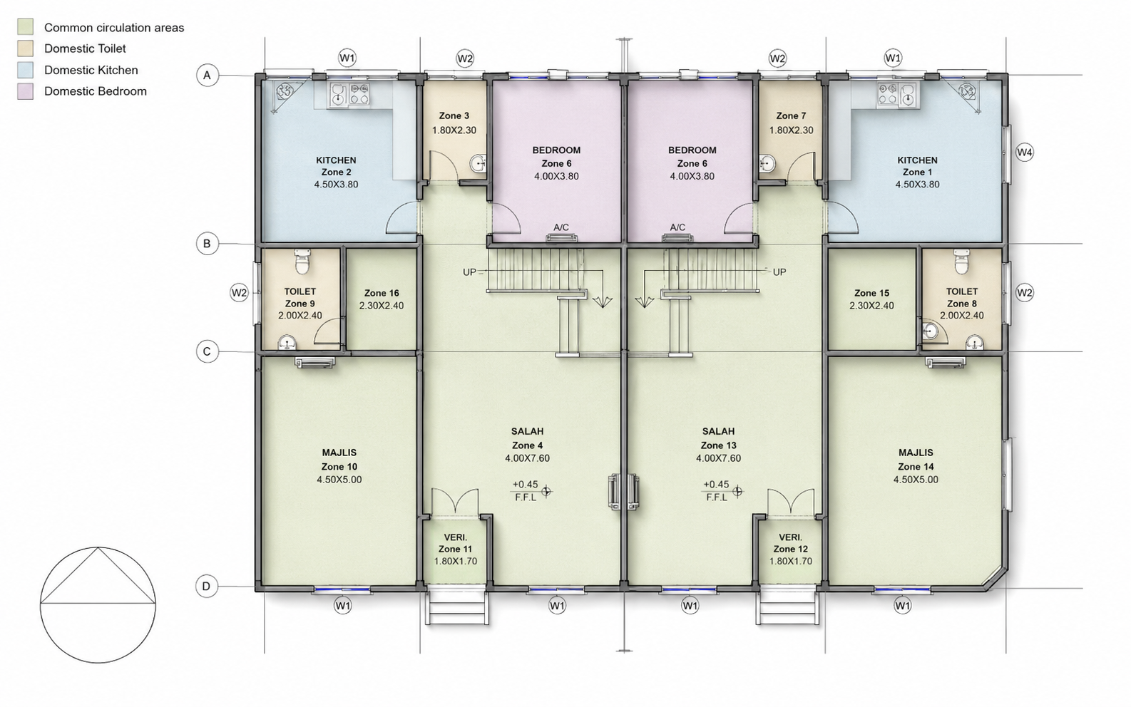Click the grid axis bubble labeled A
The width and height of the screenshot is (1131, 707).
tap(207, 76)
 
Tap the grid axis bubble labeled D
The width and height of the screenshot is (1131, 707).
tap(207, 587)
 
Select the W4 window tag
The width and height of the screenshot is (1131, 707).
tap(1025, 152)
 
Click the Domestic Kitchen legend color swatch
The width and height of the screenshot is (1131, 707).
tap(25, 70)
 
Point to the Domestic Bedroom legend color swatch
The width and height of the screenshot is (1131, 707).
tap(25, 91)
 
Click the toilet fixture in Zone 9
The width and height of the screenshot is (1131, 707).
tap(302, 261)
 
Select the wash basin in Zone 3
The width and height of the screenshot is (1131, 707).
tap(478, 163)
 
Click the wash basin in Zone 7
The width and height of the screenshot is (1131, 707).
tap(767, 163)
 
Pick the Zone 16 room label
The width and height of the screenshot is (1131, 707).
tap(382, 293)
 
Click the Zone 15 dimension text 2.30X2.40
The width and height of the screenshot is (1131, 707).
tap(871, 306)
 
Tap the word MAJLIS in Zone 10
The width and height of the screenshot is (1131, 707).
tap(339, 453)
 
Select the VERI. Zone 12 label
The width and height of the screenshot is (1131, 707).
tap(791, 544)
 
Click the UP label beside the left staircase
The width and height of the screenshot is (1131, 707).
tap(469, 272)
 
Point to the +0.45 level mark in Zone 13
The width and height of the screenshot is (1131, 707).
tap(717, 485)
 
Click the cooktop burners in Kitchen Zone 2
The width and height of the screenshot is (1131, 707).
tap(359, 94)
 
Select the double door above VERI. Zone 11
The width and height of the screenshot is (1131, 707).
tap(455, 502)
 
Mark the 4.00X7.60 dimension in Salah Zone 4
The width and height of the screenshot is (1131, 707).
tap(527, 458)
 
